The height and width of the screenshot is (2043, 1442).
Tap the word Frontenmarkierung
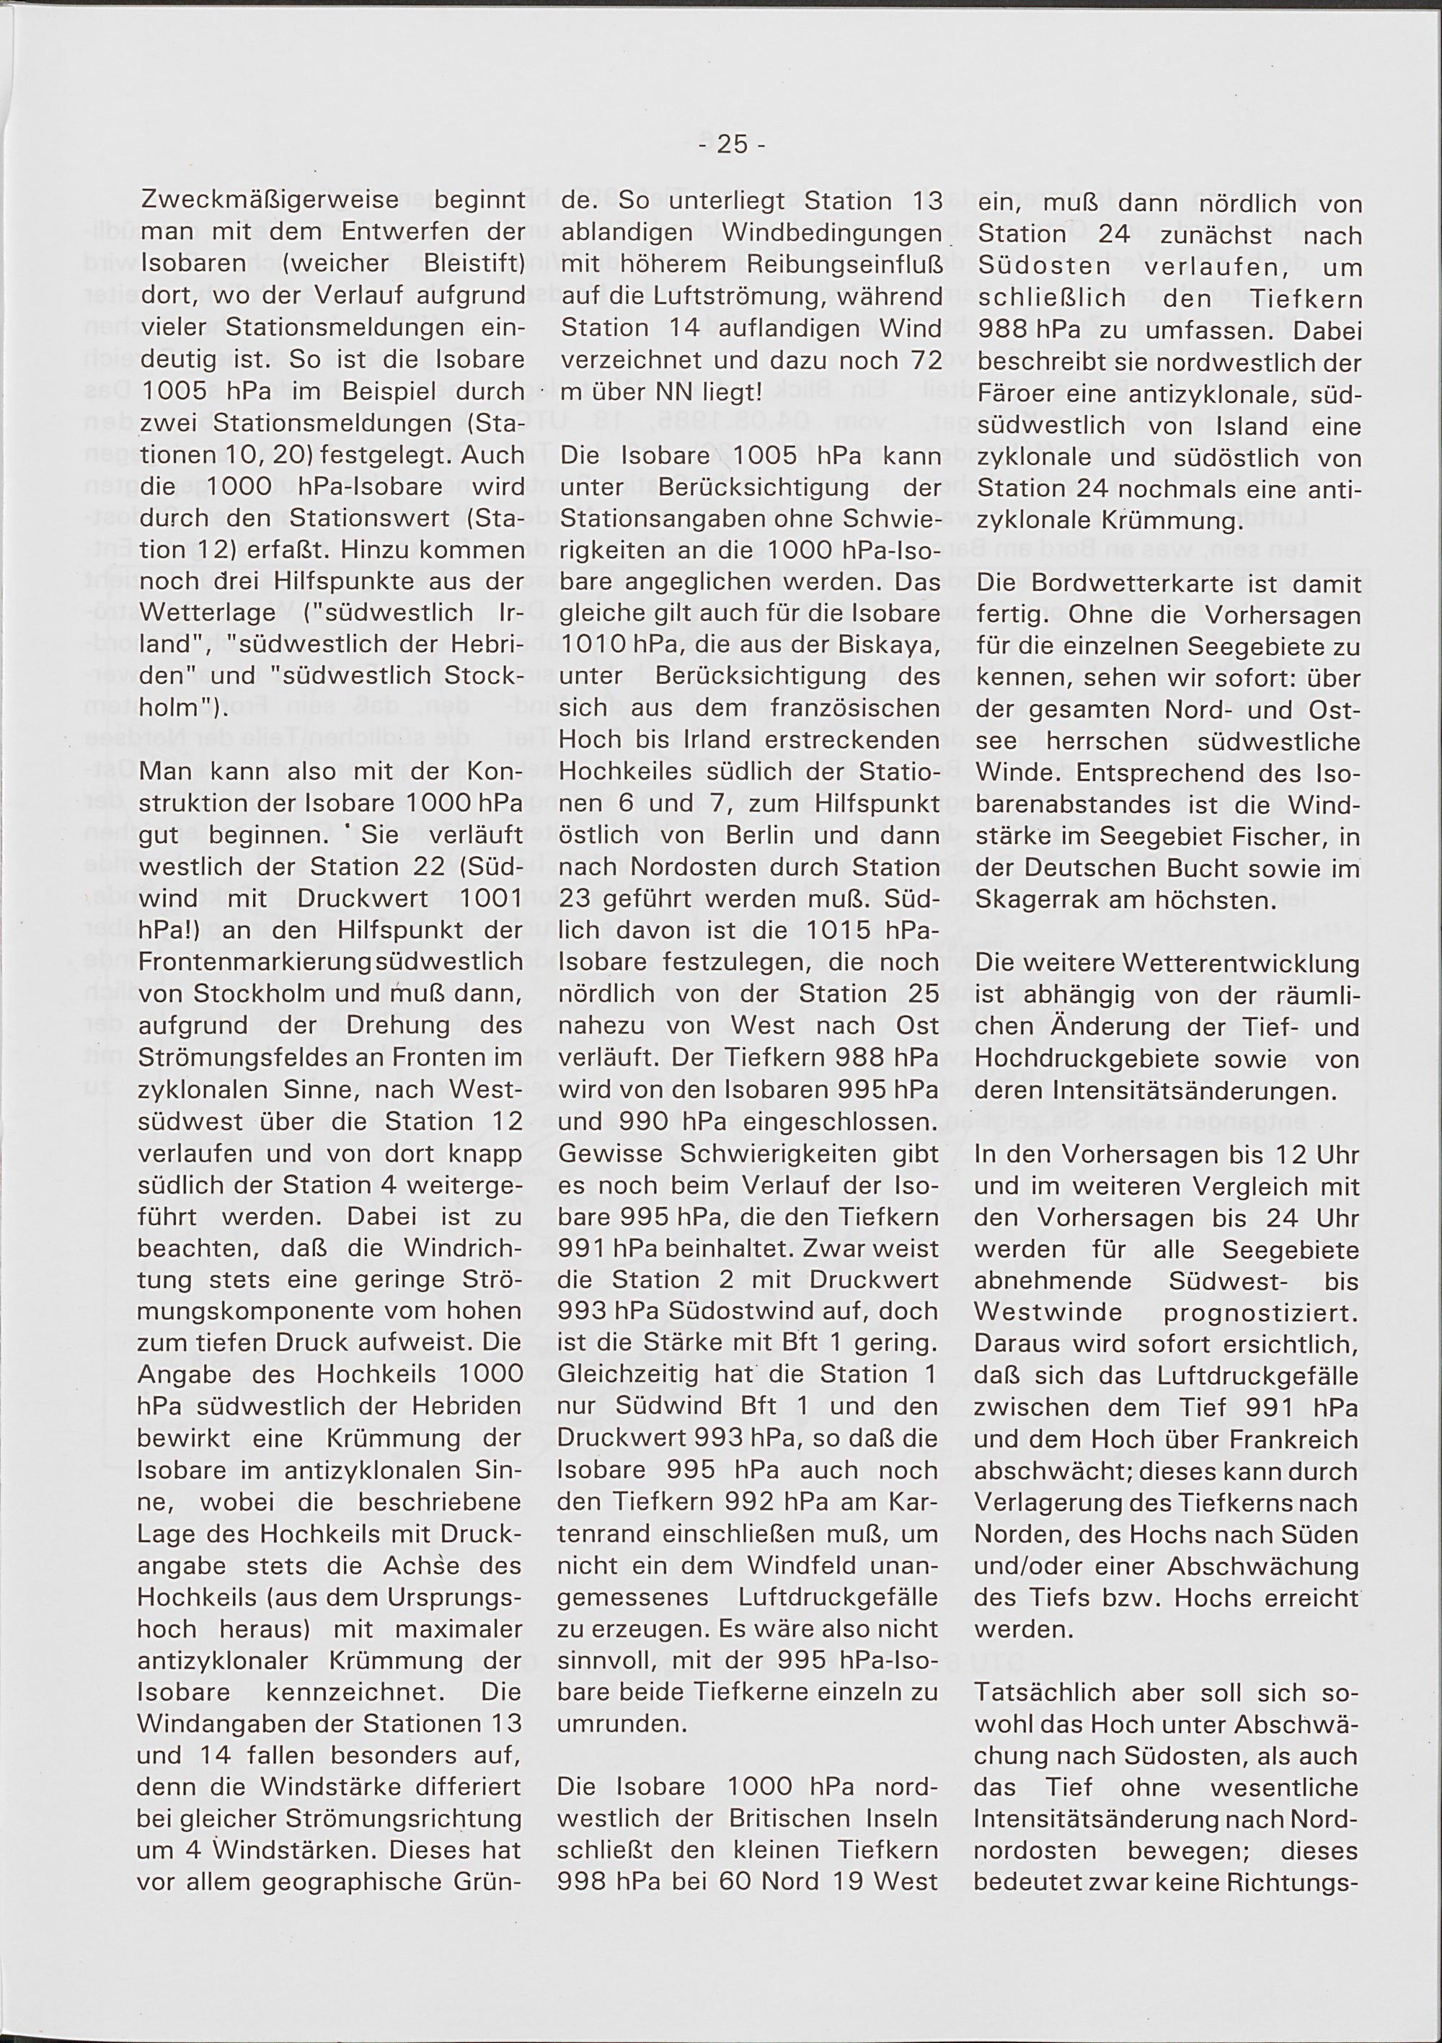[255, 963]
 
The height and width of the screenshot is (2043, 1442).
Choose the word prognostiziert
[1267, 1313]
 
